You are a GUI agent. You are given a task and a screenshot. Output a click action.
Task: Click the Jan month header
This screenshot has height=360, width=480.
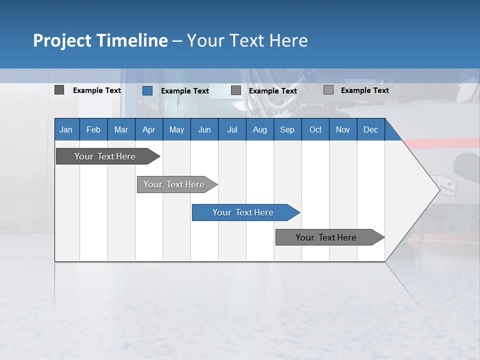66,129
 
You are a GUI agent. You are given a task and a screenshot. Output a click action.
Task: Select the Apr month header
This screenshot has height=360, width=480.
148,129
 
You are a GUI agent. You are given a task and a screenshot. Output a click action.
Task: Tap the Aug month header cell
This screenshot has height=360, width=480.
259,129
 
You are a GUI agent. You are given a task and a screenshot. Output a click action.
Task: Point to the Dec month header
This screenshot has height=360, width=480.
370,129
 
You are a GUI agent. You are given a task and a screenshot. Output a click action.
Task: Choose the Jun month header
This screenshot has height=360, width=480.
204,129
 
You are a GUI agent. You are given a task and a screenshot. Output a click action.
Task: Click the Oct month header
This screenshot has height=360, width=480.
315,129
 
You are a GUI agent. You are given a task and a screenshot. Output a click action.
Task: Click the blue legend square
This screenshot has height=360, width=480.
147,90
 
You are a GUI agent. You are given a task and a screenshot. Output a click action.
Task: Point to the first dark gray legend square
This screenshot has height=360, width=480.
59,90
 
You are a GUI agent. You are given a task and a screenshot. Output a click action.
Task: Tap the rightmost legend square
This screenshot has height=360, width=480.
328,90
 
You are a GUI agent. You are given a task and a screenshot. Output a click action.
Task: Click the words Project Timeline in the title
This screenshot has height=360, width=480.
100,40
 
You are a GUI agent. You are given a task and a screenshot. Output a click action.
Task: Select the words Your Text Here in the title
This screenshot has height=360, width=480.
247,40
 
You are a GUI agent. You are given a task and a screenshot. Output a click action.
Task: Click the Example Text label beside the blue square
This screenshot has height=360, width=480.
184,91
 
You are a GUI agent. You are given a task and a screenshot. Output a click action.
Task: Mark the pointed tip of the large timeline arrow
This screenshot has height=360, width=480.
439,189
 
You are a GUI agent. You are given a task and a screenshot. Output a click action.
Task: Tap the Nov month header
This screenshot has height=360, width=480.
342,129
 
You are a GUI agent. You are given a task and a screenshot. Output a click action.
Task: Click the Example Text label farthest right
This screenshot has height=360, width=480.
364,90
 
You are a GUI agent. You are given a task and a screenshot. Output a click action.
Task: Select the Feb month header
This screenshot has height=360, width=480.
93,129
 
